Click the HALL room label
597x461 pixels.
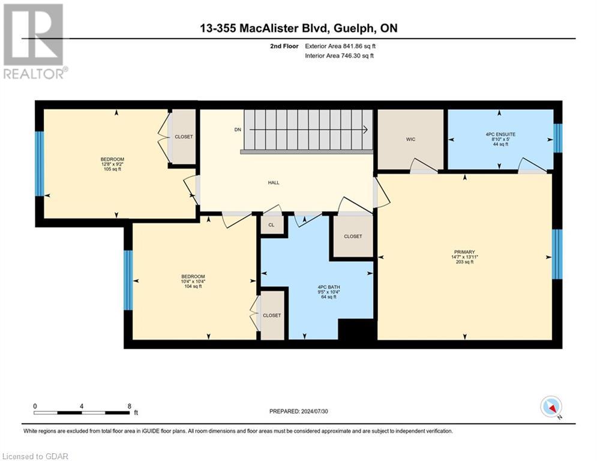tap(274, 183)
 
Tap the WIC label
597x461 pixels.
tap(410, 139)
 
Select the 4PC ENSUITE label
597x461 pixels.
tap(500, 134)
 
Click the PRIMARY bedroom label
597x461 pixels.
tap(464, 252)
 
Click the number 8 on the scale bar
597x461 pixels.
tap(129, 406)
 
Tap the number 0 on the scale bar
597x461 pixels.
tap(35, 406)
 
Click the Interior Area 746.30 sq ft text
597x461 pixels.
tap(340, 56)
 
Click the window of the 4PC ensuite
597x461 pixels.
tap(558, 139)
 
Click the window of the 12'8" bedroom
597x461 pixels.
tap(40, 163)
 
